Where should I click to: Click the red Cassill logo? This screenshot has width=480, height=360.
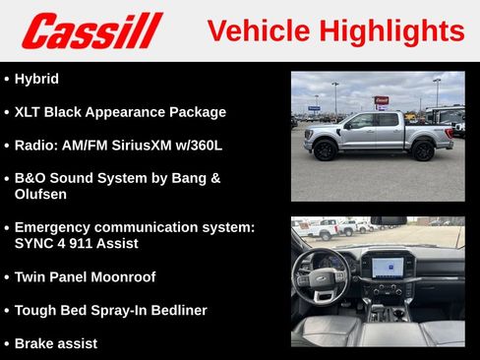(x=91, y=30)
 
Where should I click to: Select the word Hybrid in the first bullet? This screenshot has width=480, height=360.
(x=36, y=79)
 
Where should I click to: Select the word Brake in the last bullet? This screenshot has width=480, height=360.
(x=36, y=344)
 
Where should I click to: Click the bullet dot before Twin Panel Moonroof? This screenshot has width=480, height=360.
(x=7, y=277)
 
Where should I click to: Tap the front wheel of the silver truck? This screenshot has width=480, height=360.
(x=326, y=150)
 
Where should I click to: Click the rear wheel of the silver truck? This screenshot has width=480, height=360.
(x=423, y=150)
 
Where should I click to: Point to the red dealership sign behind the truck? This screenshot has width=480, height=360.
(x=381, y=100)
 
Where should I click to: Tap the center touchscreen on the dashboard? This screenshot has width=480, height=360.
(x=387, y=265)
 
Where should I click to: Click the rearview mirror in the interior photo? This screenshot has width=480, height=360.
(x=388, y=221)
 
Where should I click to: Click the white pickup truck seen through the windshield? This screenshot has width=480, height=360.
(x=330, y=229)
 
